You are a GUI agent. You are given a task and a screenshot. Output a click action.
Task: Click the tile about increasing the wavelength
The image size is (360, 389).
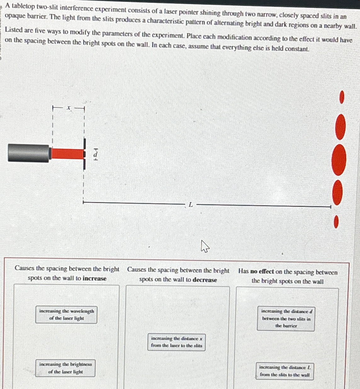coord(66,315)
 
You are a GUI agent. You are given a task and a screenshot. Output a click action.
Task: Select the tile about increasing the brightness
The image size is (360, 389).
coord(66,368)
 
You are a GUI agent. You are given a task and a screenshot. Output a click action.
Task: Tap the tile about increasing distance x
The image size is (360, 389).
coord(177,342)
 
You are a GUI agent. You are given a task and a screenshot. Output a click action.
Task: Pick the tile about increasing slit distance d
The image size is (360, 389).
coord(286,318)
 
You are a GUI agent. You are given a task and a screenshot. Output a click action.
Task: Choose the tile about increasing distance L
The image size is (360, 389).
coord(285,371)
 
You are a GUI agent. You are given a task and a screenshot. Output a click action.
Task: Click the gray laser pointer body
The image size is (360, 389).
coord(28,153)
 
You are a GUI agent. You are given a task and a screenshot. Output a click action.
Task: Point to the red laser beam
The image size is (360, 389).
coord(67,154)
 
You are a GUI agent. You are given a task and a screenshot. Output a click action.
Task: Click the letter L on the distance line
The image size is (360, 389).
coord(191,205)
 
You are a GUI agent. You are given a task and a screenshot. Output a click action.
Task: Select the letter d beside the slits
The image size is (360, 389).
coord(96,154)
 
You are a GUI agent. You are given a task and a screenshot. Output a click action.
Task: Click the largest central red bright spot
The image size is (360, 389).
coord(339,160)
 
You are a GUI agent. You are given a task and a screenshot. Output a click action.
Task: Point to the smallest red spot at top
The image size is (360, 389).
coord(342,97)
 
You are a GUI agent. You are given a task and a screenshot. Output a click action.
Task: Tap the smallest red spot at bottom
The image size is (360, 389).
coord(336,222)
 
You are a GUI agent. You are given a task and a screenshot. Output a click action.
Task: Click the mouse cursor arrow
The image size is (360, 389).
coord(205,246)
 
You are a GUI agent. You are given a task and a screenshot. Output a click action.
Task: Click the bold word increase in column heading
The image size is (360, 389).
coord(94,278)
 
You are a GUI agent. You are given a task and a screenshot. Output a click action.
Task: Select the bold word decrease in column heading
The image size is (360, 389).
coord(205,280)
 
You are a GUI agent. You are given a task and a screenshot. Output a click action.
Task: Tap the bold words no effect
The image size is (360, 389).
coord(262,271)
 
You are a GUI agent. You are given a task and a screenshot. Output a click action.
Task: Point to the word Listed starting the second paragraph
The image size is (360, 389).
coord(14,30)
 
